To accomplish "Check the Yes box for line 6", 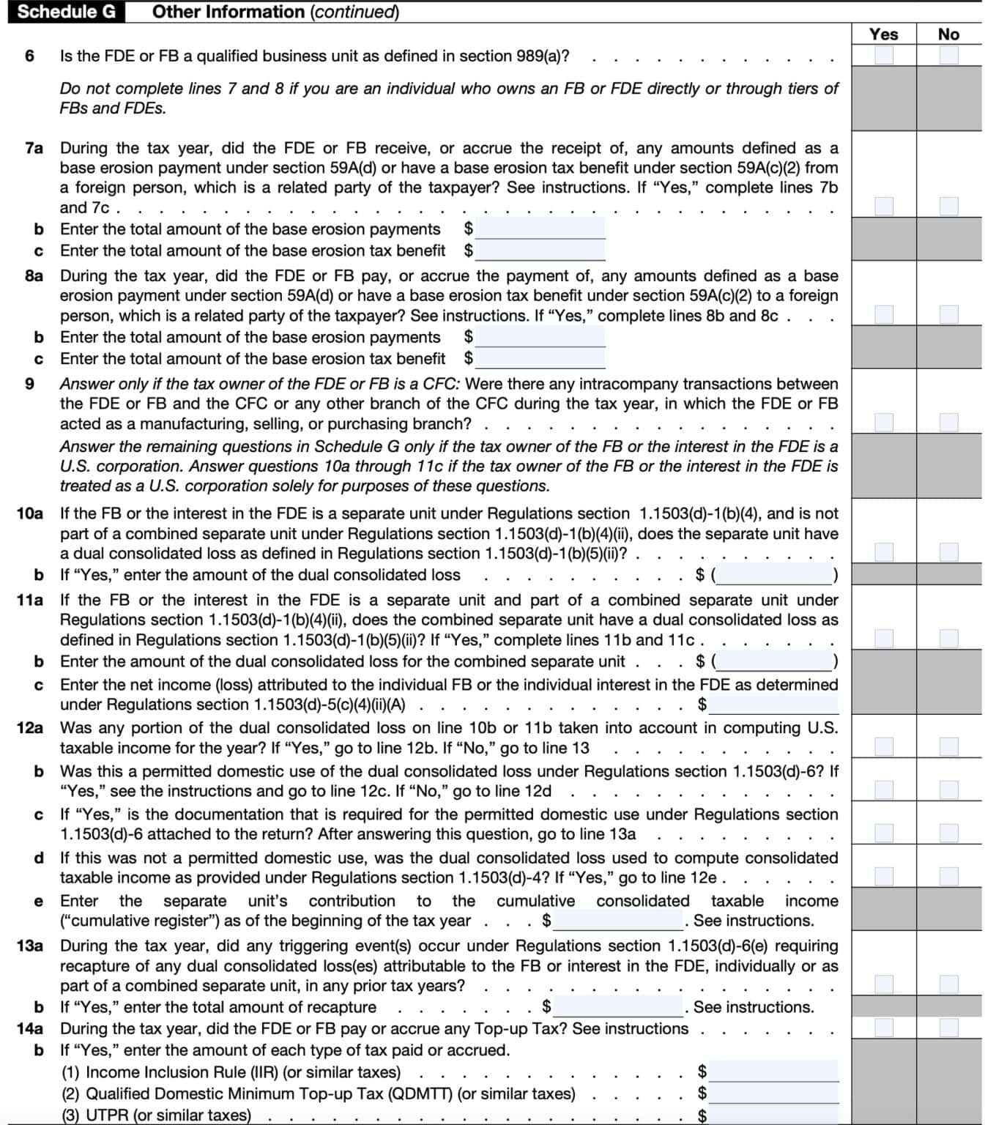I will coord(884,55).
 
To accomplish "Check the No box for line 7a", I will coord(948,207).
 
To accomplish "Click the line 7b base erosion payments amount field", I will coord(540,229).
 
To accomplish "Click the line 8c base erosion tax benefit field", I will coord(540,358).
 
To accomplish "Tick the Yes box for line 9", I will coord(884,423).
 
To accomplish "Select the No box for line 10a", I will coord(948,552).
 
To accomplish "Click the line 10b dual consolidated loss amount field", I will coord(775,575).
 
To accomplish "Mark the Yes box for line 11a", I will coord(884,639).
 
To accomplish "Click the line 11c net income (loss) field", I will coord(773,705).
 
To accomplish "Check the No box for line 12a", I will coord(948,747).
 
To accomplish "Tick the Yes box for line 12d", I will coord(884,877).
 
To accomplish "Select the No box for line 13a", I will coord(948,984).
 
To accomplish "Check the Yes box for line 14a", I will coord(884,1028).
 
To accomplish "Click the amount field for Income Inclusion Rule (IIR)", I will coord(773,1072).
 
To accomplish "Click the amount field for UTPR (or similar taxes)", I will coord(773,1115).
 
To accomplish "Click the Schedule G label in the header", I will coord(66,12).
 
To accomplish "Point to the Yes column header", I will coord(883,34).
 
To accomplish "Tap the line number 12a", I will coord(29,727).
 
